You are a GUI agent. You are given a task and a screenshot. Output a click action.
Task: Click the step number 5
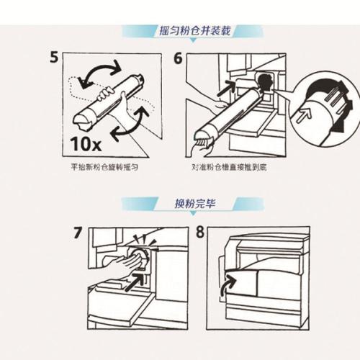click(54, 58)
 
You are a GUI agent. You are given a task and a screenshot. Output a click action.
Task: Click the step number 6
click(178, 58)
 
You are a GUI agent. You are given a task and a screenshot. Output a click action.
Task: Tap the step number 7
click(78, 233)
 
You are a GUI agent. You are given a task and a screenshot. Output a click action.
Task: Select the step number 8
click(199, 232)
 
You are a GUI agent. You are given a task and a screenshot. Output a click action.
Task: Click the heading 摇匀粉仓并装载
click(195, 31)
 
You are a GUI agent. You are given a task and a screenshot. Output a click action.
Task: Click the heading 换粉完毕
click(195, 204)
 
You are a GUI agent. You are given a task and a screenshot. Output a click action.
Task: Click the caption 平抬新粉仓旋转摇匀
click(104, 167)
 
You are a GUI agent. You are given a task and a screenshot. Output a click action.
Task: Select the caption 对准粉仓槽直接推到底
click(229, 167)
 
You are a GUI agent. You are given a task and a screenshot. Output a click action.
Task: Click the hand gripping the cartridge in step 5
click(106, 94)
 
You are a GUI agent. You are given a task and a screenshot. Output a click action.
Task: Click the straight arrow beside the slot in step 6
click(227, 89)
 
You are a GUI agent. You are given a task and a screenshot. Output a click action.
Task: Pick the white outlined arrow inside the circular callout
click(304, 114)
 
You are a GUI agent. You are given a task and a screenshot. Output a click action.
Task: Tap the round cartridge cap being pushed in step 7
click(138, 257)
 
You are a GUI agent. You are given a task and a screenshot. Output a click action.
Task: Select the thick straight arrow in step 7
click(135, 282)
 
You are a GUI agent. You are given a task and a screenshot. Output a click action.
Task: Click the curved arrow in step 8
click(228, 287)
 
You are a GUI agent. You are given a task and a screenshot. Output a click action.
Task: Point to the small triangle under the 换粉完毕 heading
click(194, 213)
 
